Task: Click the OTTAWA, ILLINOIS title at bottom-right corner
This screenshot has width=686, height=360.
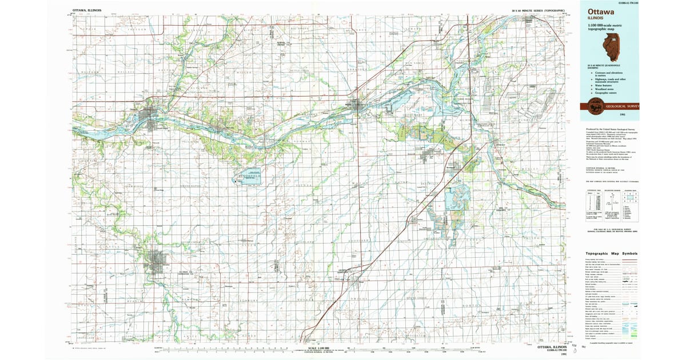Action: coord(546,347)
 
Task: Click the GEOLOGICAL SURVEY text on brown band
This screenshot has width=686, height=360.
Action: coord(623,106)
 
